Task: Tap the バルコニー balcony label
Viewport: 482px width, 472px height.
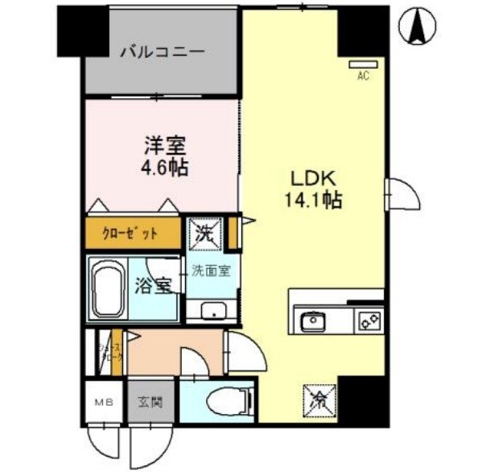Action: [163, 52]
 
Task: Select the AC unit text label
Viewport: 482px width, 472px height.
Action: [363, 76]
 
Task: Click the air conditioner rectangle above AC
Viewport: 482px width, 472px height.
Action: [363, 64]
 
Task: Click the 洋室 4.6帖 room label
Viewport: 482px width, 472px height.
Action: [165, 155]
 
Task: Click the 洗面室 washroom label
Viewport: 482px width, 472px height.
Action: [211, 271]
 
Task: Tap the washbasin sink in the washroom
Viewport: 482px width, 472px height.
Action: [212, 311]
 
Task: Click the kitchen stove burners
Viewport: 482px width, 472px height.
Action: [369, 321]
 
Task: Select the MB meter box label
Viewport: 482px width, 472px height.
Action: [104, 401]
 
